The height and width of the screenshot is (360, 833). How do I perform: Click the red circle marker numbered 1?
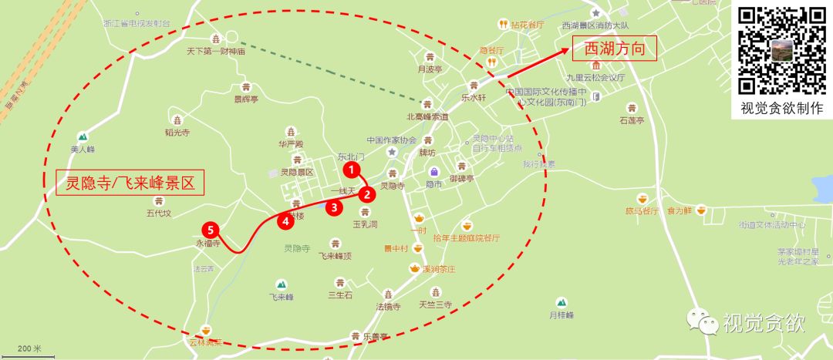pos(350,168)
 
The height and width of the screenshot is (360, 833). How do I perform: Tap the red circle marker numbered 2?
pos(369,194)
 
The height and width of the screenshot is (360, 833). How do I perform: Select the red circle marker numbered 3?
pos(333,207)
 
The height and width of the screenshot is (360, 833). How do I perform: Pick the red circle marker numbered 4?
pos(286,221)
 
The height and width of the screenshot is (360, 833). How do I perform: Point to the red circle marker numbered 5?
pos(208,229)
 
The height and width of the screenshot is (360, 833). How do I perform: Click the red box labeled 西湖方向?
pos(613,49)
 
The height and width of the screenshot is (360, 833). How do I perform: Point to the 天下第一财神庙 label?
pos(215,52)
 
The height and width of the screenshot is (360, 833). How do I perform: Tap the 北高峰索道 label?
pos(427,117)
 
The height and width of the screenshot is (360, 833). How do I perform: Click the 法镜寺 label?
pos(388,306)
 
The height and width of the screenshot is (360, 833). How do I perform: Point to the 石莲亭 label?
pos(631,120)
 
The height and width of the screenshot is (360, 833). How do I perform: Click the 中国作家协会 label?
pos(391,140)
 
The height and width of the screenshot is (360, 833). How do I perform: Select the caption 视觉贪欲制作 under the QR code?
pos(782,109)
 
